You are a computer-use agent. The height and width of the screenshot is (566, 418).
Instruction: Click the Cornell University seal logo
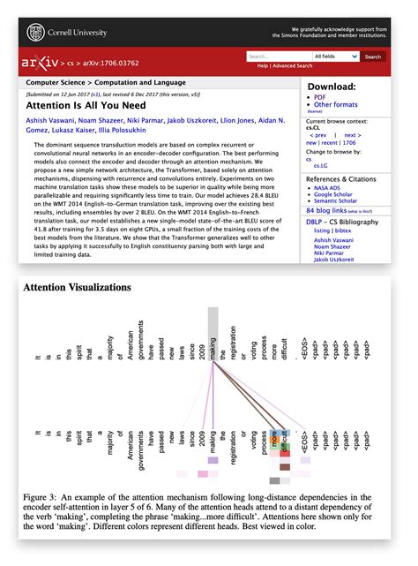point(36,32)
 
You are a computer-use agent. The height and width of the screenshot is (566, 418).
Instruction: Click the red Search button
point(373,57)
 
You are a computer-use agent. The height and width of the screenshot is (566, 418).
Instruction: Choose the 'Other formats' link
point(335,104)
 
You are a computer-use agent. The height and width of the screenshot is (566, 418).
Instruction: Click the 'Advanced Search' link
point(292,66)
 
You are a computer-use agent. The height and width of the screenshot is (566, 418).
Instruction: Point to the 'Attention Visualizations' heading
point(77,287)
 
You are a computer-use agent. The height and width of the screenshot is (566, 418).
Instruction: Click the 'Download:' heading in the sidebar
point(331,87)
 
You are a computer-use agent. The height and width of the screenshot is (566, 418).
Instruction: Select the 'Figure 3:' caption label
point(41,499)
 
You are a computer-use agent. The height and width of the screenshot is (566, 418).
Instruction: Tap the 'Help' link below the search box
point(262,66)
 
